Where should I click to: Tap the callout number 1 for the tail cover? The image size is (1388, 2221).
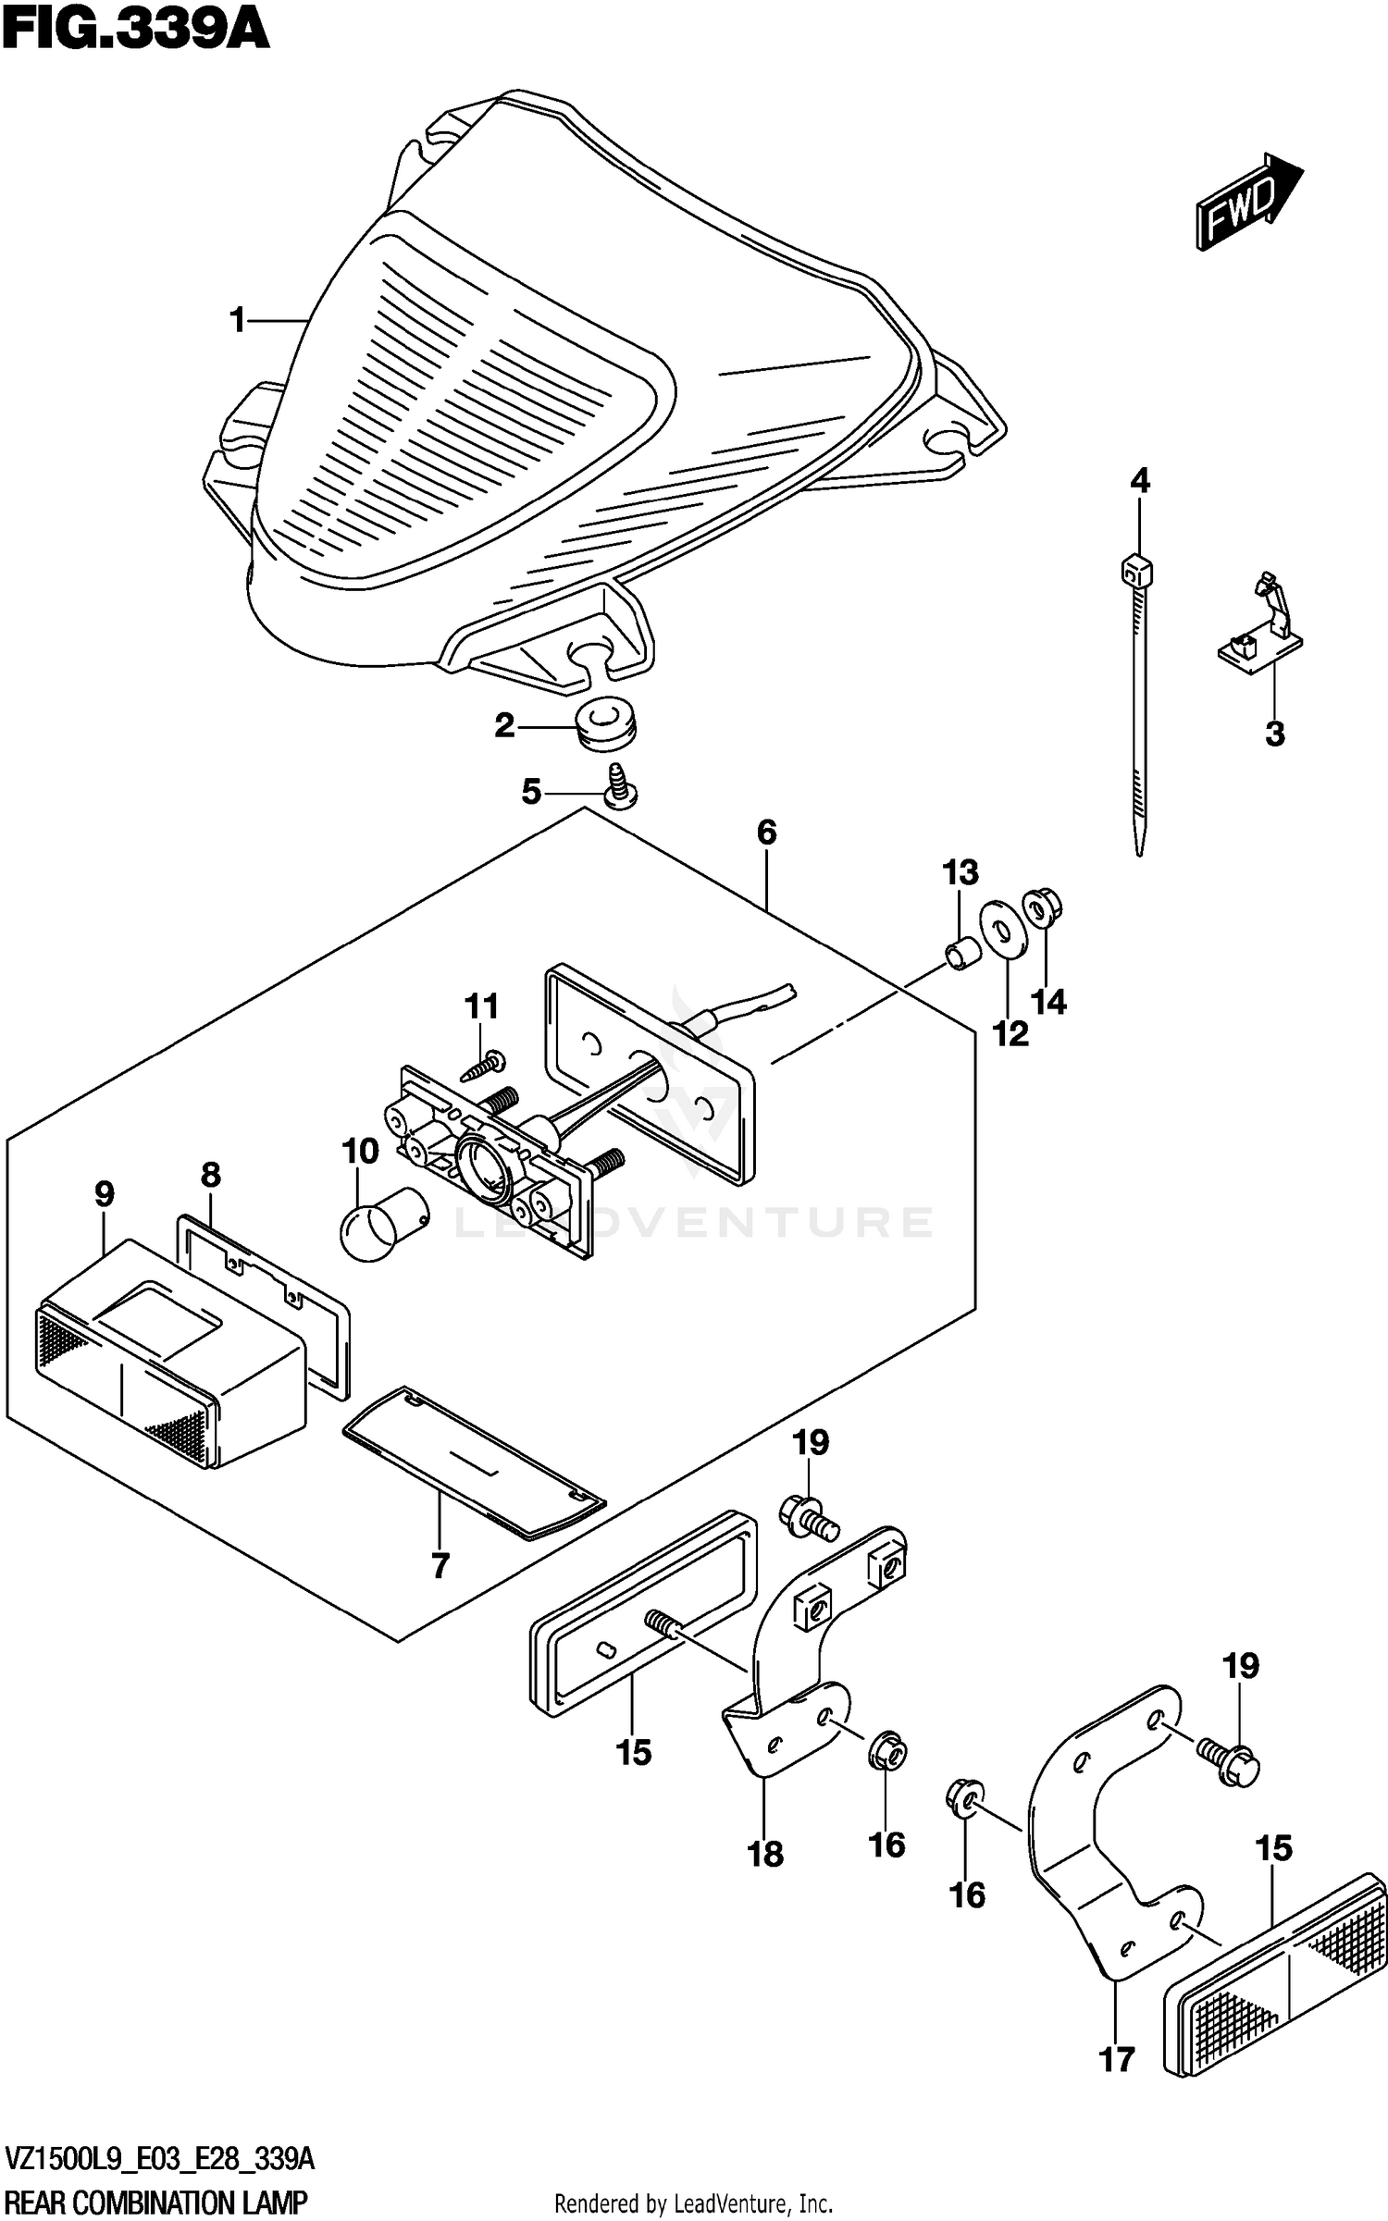(x=238, y=321)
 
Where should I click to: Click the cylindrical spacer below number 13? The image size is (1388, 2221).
(x=961, y=953)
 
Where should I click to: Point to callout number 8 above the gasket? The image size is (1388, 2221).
(x=211, y=1176)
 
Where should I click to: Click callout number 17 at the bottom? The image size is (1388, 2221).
(x=1117, y=2060)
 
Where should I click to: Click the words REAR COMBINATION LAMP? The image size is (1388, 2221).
(x=156, y=2202)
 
